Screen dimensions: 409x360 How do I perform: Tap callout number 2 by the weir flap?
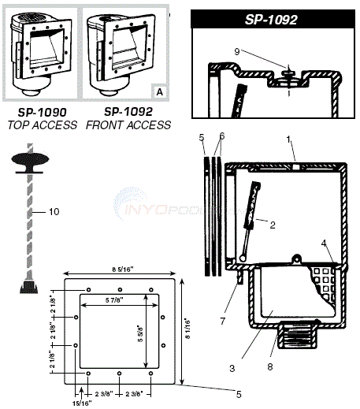pos(272,225)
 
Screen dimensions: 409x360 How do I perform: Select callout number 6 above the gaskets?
pos(221,137)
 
